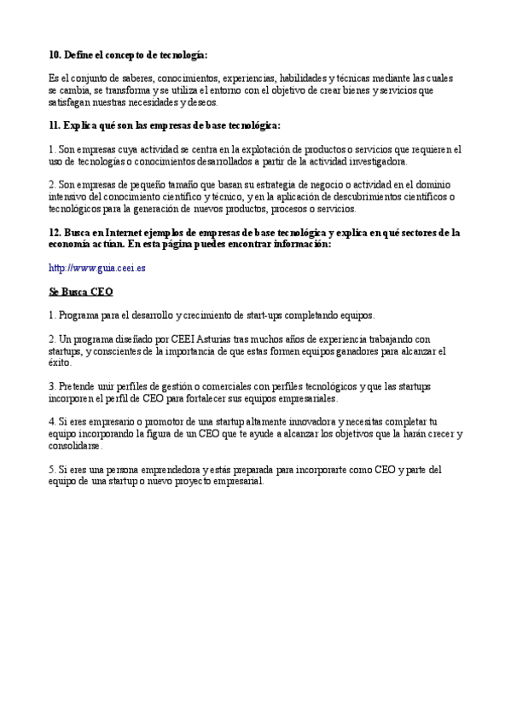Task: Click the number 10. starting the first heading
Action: (x=55, y=55)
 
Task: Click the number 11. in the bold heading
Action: (x=55, y=125)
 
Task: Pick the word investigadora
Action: (x=379, y=160)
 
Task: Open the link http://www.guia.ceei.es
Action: (x=96, y=267)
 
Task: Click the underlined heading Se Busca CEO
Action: (x=81, y=291)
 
